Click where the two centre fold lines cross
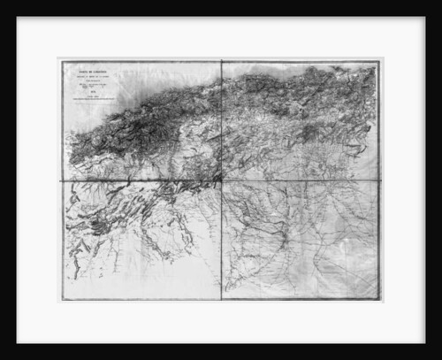click(x=221, y=181)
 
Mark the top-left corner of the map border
click(x=61, y=61)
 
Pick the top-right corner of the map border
click(x=379, y=61)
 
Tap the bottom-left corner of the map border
click(x=61, y=300)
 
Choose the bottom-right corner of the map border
click(x=379, y=300)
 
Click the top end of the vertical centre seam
click(x=221, y=61)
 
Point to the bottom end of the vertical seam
click(x=221, y=300)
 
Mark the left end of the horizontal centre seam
click(x=61, y=181)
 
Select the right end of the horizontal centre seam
click(x=379, y=181)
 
